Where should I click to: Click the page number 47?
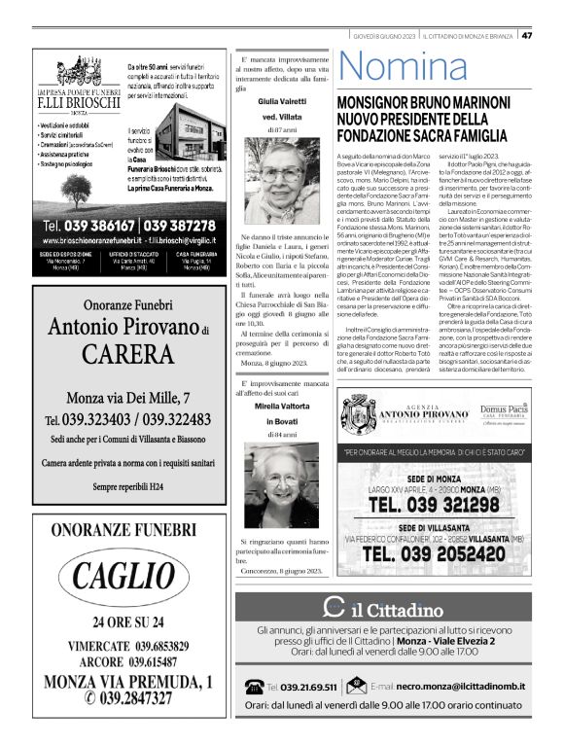coord(527,36)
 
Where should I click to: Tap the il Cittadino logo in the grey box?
coord(384,610)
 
